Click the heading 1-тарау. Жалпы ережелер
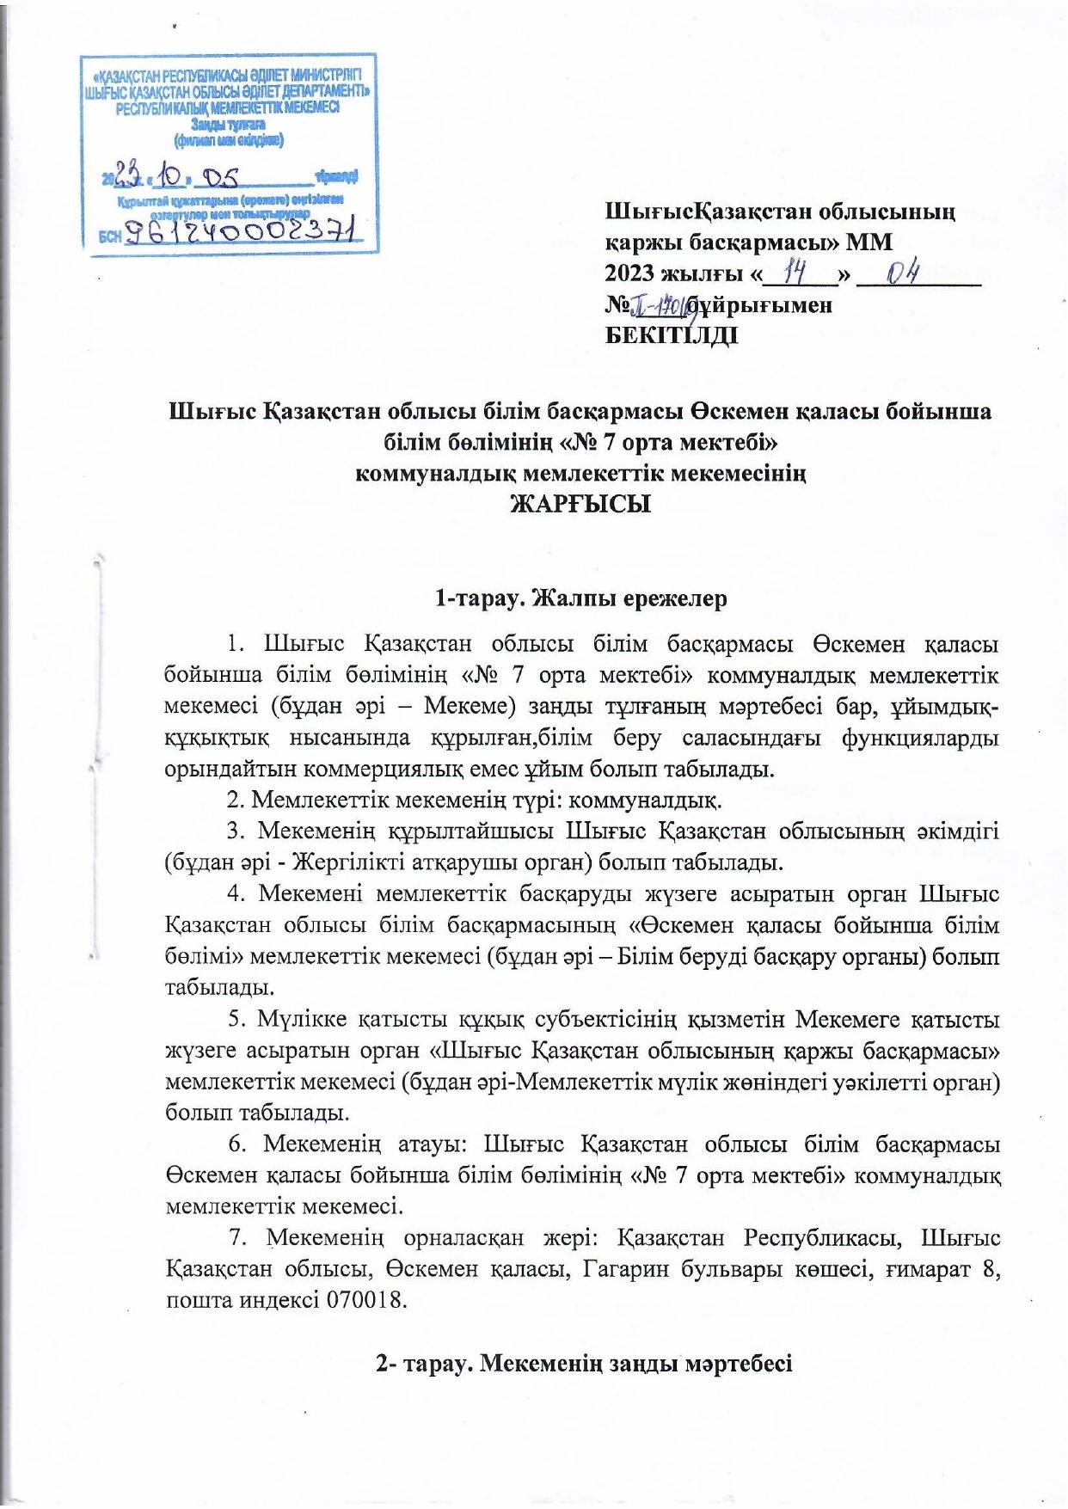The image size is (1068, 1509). coord(581,598)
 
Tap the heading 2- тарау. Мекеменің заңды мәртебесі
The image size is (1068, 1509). coord(584,1364)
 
